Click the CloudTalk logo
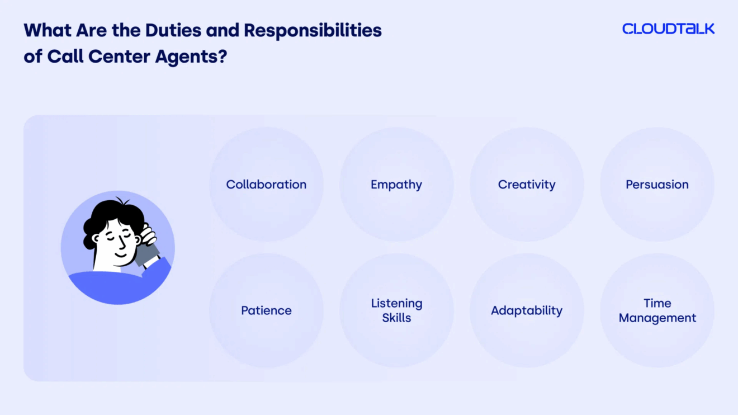[x=668, y=29]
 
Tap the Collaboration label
[x=266, y=185]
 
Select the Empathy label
[x=396, y=185]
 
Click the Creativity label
[x=527, y=185]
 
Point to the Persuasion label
[x=657, y=185]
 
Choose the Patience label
[x=266, y=310]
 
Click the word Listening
[x=397, y=304]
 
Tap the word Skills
[x=397, y=318]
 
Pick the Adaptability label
[x=527, y=311]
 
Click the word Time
[x=657, y=303]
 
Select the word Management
[x=657, y=318]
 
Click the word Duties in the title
[x=173, y=30]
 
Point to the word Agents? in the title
[x=191, y=56]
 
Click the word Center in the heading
[x=119, y=56]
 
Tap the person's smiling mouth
[x=121, y=255]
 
